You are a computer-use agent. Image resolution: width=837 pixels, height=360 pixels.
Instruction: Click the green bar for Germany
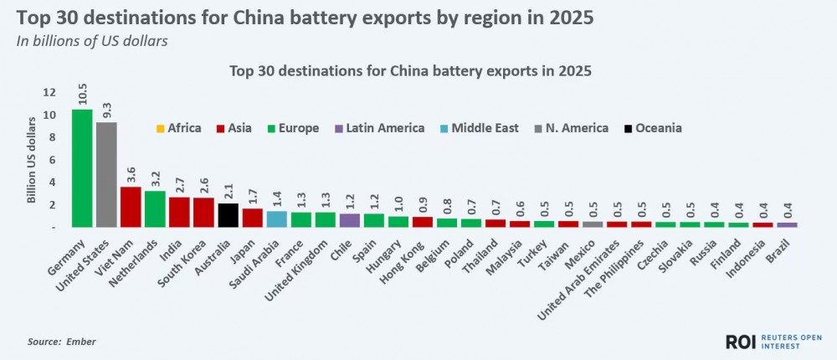tap(82, 168)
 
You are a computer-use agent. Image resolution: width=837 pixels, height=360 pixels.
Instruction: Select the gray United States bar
tap(106, 174)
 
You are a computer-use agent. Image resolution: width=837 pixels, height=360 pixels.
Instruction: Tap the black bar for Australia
tap(228, 215)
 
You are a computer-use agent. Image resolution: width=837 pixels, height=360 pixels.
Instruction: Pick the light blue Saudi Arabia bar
tap(276, 219)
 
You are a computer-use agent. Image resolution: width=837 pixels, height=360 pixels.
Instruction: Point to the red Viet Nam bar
tap(131, 207)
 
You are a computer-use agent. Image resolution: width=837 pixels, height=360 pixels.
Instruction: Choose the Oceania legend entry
tap(652, 128)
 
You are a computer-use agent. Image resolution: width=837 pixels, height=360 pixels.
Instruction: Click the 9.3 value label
tap(106, 108)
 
